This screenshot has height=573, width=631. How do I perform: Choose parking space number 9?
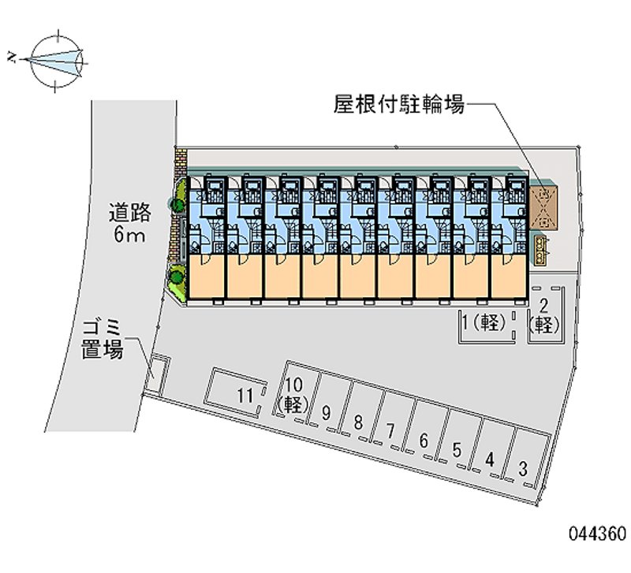point(325,412)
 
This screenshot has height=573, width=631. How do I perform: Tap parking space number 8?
point(358,422)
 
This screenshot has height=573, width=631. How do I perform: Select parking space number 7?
point(390,431)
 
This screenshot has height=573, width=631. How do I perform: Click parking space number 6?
point(424,441)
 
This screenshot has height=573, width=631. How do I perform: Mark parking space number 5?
point(457,450)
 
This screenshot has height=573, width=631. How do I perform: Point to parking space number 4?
point(490,460)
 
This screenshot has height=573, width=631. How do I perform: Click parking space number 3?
point(523,469)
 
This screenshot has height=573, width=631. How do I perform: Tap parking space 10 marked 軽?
point(293,394)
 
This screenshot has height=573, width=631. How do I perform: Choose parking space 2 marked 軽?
point(543,314)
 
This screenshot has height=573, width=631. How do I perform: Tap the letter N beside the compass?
point(11,57)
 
